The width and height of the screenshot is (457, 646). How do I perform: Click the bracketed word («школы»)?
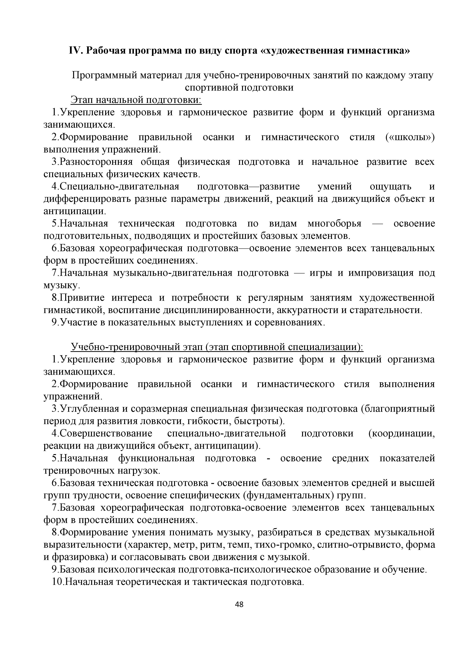click(410, 137)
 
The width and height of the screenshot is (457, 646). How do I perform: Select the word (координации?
click(402, 433)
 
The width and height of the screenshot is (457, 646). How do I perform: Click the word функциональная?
click(156, 458)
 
